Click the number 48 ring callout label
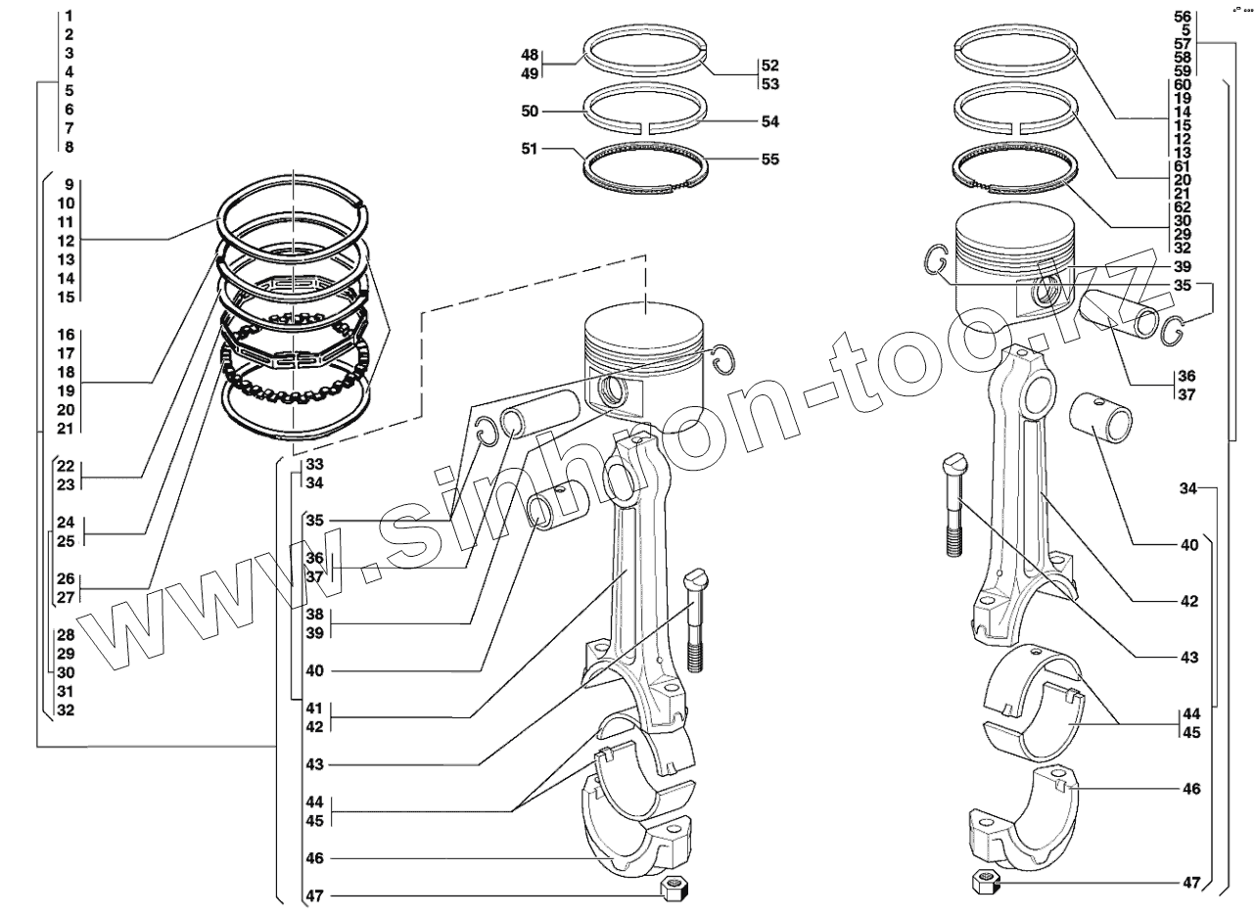(x=530, y=55)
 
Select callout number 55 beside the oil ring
(x=770, y=159)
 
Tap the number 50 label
(x=530, y=112)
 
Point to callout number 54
(x=770, y=122)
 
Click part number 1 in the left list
(x=70, y=17)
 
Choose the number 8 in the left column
(x=70, y=147)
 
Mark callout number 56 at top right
(x=1182, y=17)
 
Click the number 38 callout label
(x=314, y=615)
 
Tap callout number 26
(x=66, y=577)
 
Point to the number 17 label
(x=66, y=352)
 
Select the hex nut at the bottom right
(x=985, y=881)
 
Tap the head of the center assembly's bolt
(x=695, y=579)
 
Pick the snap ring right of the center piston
(x=722, y=359)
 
